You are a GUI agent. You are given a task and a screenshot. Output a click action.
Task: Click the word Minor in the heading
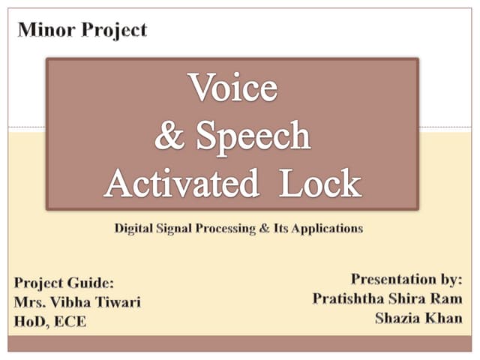tap(41, 30)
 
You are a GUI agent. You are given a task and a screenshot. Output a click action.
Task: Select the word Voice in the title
tap(232, 88)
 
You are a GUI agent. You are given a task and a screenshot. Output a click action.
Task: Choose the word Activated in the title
tap(183, 182)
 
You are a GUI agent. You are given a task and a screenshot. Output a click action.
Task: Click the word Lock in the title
tap(320, 182)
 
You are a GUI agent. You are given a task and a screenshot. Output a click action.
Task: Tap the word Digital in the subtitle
tap(134, 228)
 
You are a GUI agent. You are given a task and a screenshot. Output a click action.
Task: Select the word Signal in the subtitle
tap(174, 228)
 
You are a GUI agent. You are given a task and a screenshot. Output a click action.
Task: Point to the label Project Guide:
tap(64, 283)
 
